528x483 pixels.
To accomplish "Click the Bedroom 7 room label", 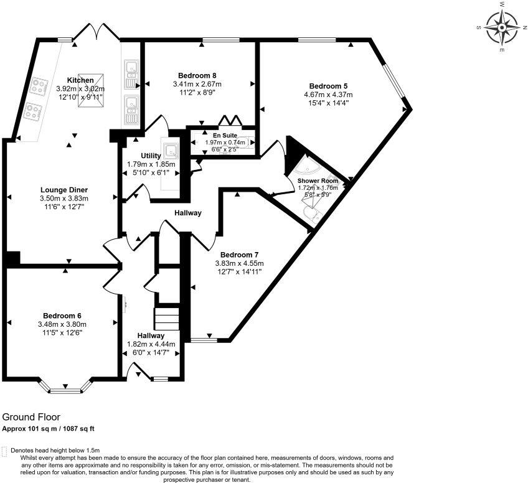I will pos(239,255).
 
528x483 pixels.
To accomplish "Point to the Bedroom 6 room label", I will pos(62,316).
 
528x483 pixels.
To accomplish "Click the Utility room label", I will pos(151,156).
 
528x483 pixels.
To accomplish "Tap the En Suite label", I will pos(225,134).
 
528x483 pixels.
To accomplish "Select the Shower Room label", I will pos(318,181).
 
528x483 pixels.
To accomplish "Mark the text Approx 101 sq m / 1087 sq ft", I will pos(48,428).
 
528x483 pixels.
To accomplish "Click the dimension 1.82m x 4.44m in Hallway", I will pos(151,344).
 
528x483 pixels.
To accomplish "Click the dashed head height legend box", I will pos(6,450).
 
